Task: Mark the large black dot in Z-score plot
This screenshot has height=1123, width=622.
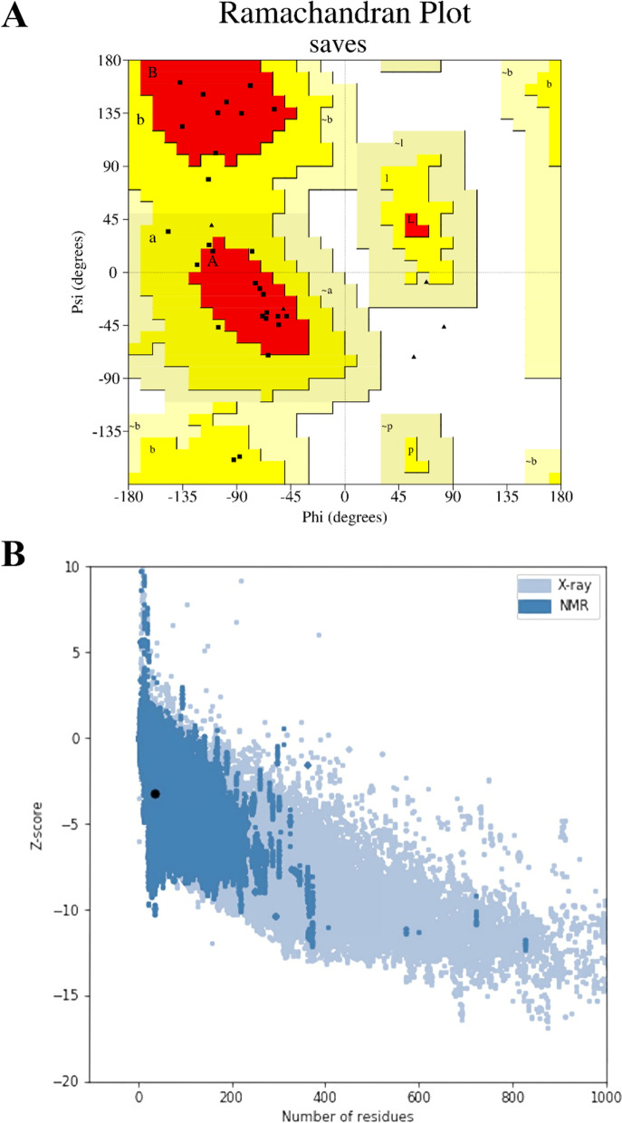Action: coord(155,793)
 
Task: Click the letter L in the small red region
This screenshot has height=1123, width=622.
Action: coord(410,219)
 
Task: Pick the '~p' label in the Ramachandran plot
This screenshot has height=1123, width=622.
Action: coord(388,426)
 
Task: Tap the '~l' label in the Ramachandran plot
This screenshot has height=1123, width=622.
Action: coord(398,144)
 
